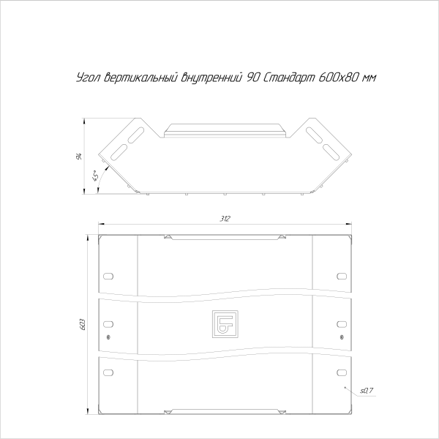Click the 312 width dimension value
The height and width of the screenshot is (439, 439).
tap(225, 219)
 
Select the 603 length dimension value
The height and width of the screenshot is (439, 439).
tap(83, 324)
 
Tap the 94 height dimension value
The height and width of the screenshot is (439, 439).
tap(79, 157)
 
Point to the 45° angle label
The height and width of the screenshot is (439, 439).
tap(95, 176)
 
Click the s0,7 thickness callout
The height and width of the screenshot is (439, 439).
tap(367, 390)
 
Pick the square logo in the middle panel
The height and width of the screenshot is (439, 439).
tap(225, 323)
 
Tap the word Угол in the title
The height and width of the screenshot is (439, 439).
tap(89, 78)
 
